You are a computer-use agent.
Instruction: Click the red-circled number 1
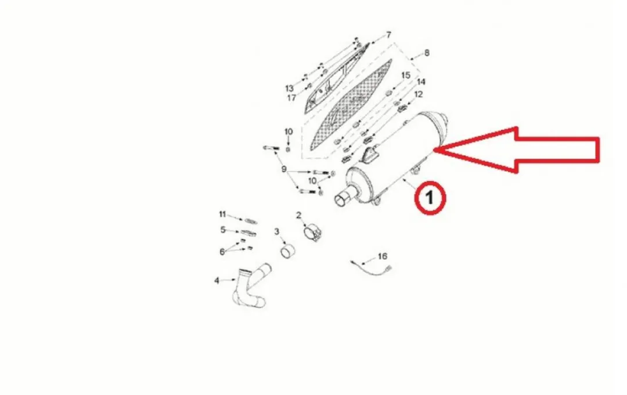pos(430,198)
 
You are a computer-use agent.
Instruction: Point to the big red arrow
pos(517,150)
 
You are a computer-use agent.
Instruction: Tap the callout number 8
pos(427,53)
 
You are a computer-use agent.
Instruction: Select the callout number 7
pos(388,35)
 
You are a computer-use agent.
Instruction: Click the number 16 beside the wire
pos(382,256)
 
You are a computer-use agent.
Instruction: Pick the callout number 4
pos(217,281)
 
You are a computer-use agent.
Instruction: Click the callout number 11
pos(222,215)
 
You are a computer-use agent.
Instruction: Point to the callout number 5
pos(223,230)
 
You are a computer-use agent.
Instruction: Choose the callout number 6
pos(222,252)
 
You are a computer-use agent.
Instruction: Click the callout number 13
pos(289,88)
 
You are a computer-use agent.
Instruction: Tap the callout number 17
pos(291,97)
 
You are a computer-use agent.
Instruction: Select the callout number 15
pos(405,75)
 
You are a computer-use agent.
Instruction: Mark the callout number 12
pos(418,95)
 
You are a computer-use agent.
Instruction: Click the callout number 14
pos(421,82)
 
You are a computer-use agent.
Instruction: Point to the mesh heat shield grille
pos(350,106)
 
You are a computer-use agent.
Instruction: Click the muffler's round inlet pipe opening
pos(341,199)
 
